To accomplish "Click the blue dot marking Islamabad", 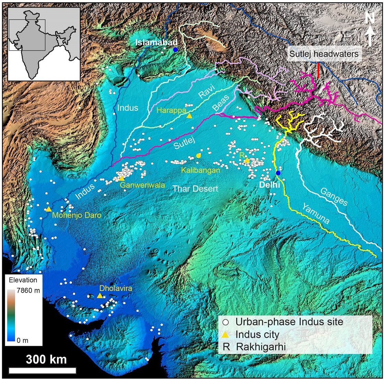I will click(x=176, y=50).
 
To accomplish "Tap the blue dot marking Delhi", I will click(x=278, y=173).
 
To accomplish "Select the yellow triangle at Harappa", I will click(x=189, y=116).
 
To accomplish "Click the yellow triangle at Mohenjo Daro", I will click(x=49, y=209).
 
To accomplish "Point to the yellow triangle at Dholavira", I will click(x=99, y=295).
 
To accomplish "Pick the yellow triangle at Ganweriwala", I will click(x=121, y=178).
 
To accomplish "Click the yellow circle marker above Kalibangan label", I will click(x=199, y=156).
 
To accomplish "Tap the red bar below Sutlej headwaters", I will click(x=318, y=70).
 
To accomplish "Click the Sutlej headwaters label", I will click(x=324, y=54).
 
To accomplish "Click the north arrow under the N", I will click(x=370, y=37).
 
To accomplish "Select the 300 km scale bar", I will click(x=42, y=370).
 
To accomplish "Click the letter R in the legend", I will click(x=226, y=347).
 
